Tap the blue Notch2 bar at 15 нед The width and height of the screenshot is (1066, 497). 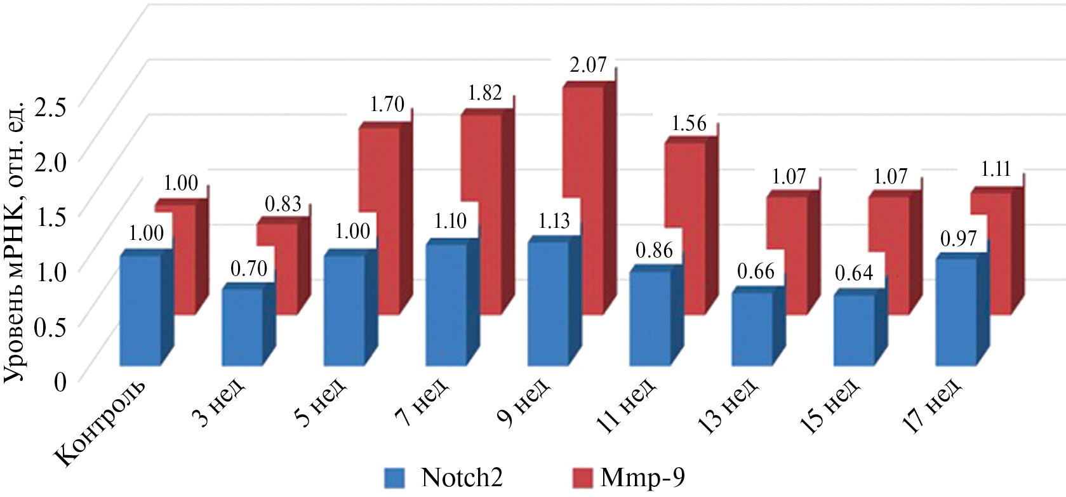[x=854, y=330]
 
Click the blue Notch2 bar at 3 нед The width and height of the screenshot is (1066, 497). [x=242, y=327]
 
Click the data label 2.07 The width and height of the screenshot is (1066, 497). [x=588, y=65]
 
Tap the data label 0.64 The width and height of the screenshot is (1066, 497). [x=853, y=274]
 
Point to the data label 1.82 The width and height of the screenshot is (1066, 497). [x=485, y=93]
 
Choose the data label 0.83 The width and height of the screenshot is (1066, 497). [x=283, y=204]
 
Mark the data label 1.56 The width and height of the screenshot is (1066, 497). [x=689, y=123]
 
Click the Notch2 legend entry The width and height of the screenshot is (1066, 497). [x=444, y=477]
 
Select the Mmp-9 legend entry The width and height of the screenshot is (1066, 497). [x=629, y=477]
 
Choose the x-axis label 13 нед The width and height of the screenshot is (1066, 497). [x=728, y=407]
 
